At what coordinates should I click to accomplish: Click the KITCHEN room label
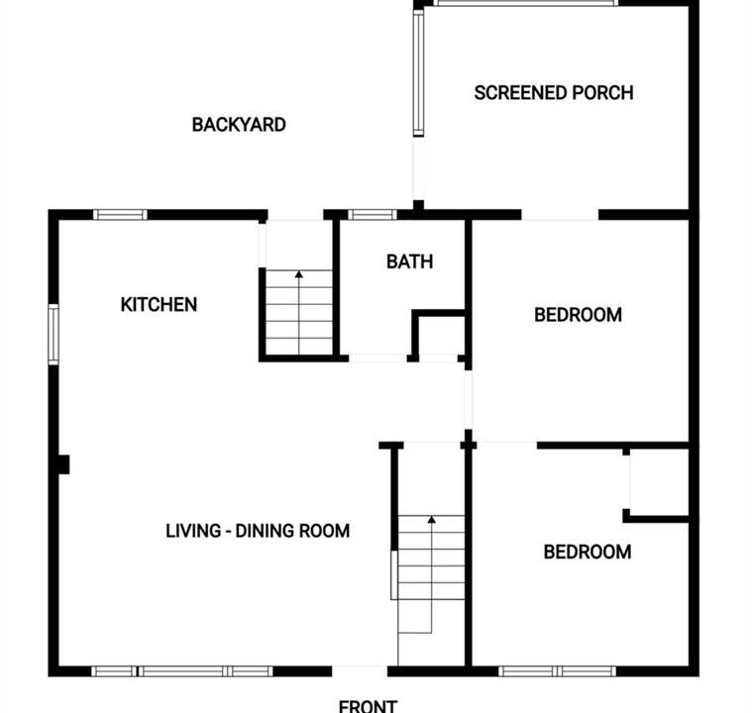pyautogui.click(x=159, y=304)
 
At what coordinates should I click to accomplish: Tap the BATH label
pyautogui.click(x=409, y=261)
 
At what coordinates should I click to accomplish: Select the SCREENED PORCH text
pyautogui.click(x=554, y=92)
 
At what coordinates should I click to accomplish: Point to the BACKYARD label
pyautogui.click(x=239, y=125)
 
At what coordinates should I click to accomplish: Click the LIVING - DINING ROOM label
pyautogui.click(x=258, y=531)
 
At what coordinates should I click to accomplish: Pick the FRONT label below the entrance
pyautogui.click(x=368, y=706)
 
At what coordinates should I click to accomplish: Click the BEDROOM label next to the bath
pyautogui.click(x=578, y=315)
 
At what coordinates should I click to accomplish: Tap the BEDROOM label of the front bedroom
pyautogui.click(x=587, y=552)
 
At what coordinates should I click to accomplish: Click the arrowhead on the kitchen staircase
pyautogui.click(x=299, y=274)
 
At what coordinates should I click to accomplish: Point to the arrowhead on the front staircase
pyautogui.click(x=431, y=519)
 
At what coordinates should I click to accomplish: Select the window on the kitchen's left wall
pyautogui.click(x=54, y=334)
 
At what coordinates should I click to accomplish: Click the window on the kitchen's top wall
pyautogui.click(x=120, y=214)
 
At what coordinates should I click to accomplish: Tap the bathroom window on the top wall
pyautogui.click(x=373, y=214)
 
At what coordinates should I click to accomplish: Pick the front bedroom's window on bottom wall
pyautogui.click(x=557, y=671)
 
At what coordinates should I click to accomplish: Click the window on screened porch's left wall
pyautogui.click(x=418, y=73)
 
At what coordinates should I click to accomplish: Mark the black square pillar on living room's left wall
pyautogui.click(x=63, y=464)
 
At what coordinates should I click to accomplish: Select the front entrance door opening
pyautogui.click(x=360, y=670)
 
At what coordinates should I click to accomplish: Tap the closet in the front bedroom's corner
pyautogui.click(x=660, y=482)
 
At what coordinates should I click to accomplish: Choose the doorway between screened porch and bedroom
pyautogui.click(x=560, y=215)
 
